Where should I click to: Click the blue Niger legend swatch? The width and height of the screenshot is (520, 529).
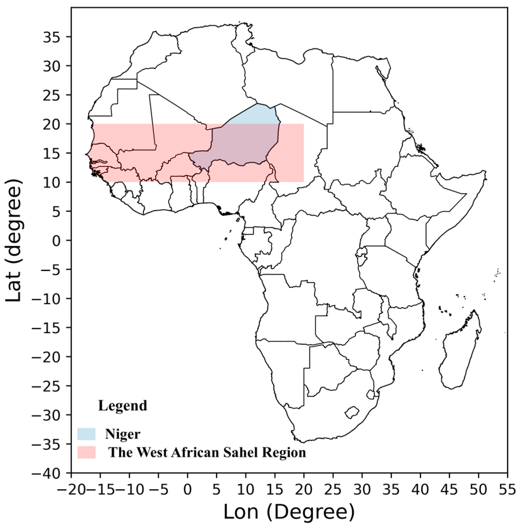[86, 434]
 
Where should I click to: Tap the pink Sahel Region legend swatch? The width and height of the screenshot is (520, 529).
[87, 452]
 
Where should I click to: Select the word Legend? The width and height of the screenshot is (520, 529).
[123, 406]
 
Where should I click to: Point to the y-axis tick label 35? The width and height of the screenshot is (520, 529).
[53, 37]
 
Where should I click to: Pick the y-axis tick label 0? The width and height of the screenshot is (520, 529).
[57, 241]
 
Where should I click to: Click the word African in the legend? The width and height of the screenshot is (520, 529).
[193, 452]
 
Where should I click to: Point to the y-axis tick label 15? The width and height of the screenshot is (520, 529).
[53, 153]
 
